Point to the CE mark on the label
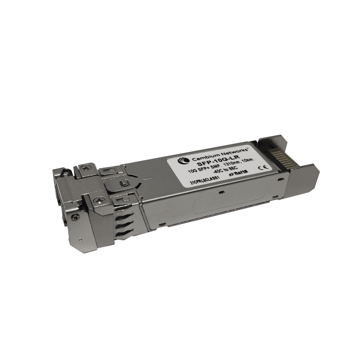[x=260, y=167]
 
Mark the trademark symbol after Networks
[x=249, y=147]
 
